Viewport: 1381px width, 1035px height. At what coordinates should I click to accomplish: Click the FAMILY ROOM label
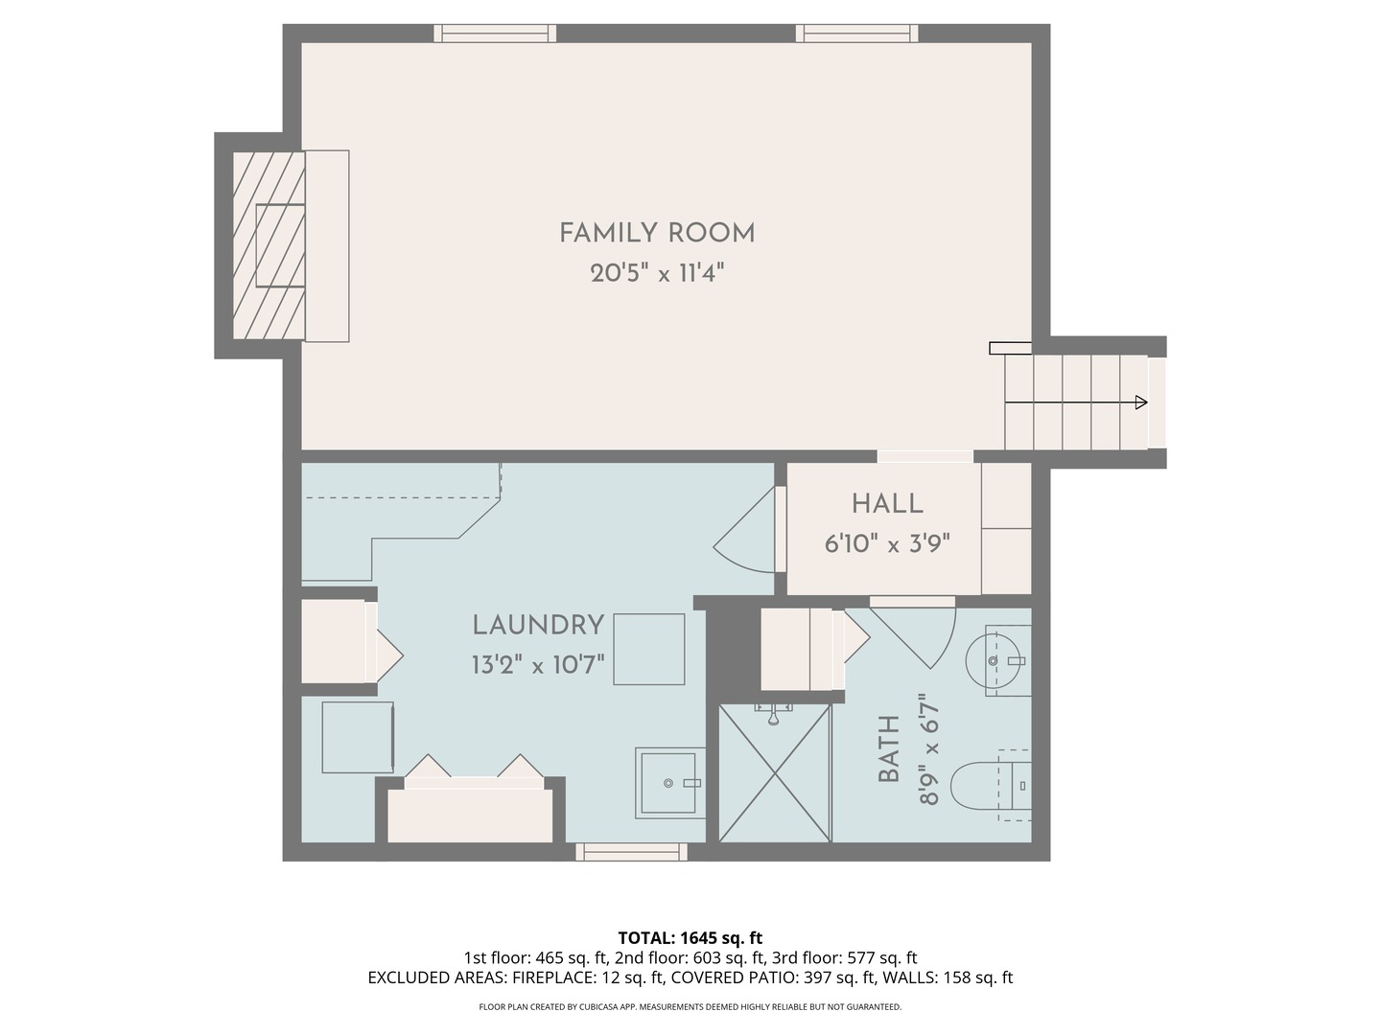[657, 233]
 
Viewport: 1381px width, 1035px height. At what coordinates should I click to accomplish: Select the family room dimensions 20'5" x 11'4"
[657, 274]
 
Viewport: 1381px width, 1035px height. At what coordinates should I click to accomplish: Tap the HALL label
[887, 503]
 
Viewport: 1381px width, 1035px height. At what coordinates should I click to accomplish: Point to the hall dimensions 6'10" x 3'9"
[887, 544]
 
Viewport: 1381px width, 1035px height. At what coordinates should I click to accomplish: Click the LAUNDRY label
[538, 625]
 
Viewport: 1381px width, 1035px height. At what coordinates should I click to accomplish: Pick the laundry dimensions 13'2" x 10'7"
[538, 664]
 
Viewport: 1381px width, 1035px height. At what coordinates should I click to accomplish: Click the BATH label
[889, 748]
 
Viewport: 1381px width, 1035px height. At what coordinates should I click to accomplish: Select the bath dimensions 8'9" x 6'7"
[928, 748]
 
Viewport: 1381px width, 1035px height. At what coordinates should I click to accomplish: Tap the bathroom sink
[997, 660]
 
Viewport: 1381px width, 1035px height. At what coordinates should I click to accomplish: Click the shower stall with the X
[774, 773]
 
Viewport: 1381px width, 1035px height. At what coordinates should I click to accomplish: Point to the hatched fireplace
[269, 245]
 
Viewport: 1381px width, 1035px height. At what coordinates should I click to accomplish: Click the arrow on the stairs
[1139, 402]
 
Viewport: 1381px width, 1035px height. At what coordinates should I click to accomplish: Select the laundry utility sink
[669, 783]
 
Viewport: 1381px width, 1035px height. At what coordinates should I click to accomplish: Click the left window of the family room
[495, 34]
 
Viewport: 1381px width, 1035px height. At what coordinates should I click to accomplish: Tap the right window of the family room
[856, 34]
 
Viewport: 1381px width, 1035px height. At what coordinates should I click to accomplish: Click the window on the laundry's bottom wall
[631, 851]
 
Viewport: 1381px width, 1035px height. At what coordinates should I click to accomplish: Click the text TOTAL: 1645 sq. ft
[690, 937]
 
